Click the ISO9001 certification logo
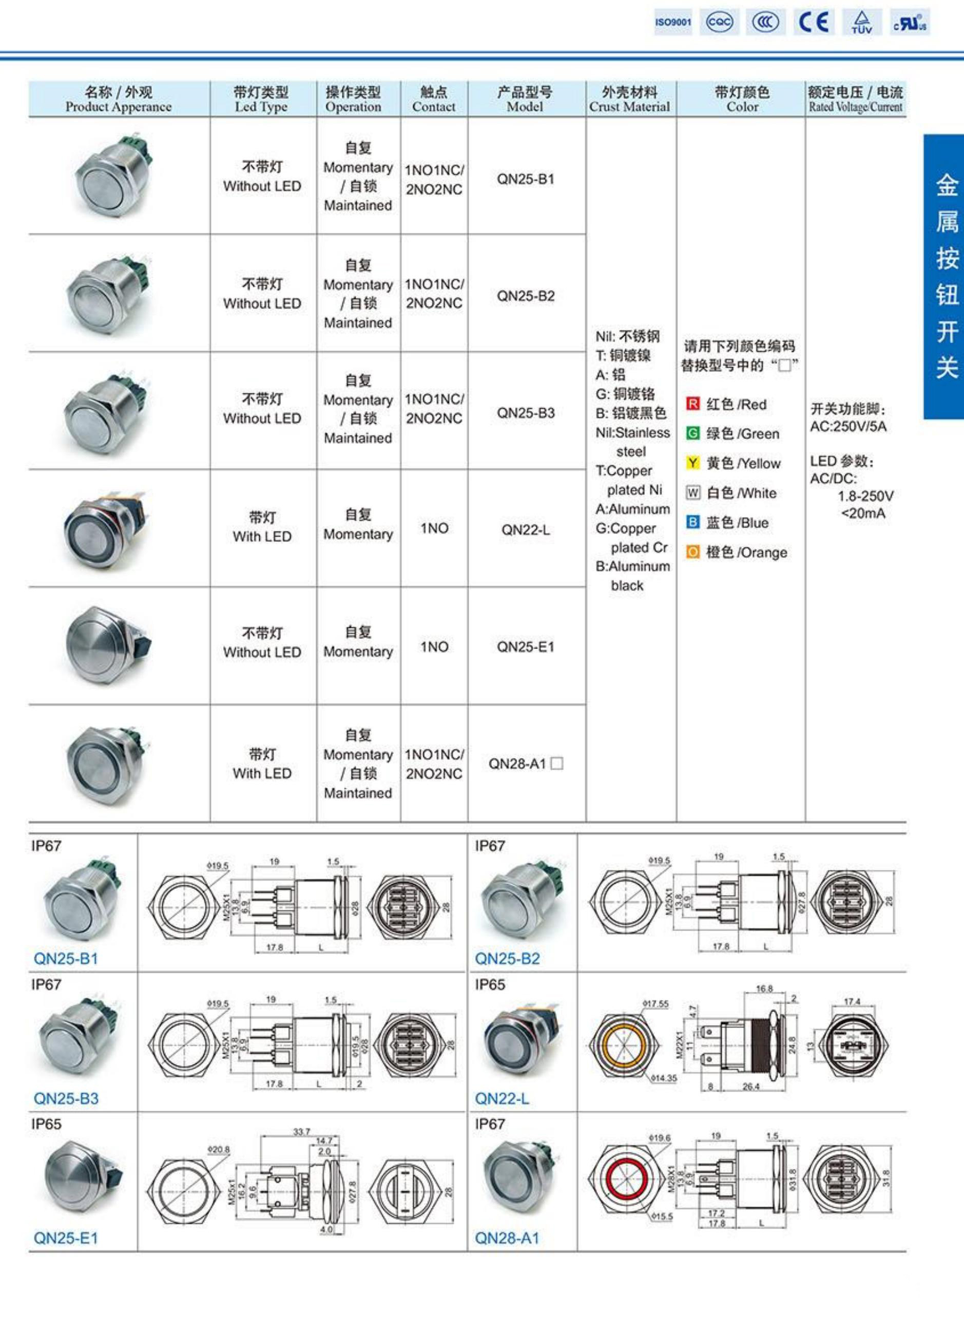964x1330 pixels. (673, 22)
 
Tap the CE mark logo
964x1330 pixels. (814, 22)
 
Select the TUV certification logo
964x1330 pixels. (861, 22)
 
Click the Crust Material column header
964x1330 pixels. (629, 99)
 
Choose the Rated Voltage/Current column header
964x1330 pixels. (855, 99)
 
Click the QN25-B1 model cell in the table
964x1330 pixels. (526, 179)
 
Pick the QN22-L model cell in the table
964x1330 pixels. (526, 530)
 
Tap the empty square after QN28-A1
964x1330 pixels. (557, 764)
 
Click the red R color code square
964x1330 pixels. (692, 404)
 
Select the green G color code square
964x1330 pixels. (692, 433)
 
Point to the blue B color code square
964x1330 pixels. (692, 522)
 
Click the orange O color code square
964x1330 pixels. (692, 552)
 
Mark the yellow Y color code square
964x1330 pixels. (692, 463)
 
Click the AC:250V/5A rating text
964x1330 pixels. (848, 426)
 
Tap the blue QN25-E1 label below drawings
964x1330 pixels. (66, 1238)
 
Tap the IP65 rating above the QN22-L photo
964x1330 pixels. (490, 984)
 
